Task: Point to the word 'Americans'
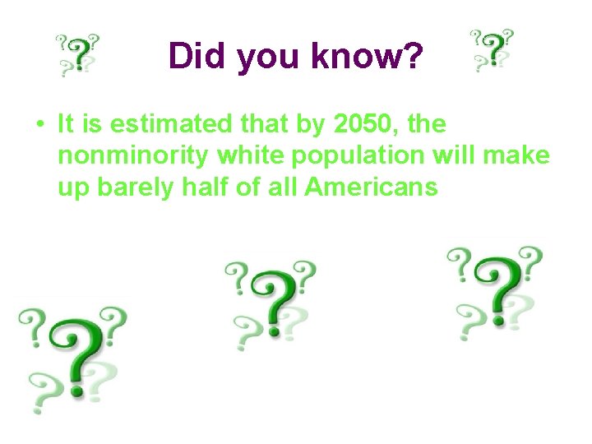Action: [371, 187]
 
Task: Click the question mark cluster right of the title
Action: [493, 50]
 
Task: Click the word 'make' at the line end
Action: [519, 156]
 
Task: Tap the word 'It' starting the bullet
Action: [67, 125]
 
